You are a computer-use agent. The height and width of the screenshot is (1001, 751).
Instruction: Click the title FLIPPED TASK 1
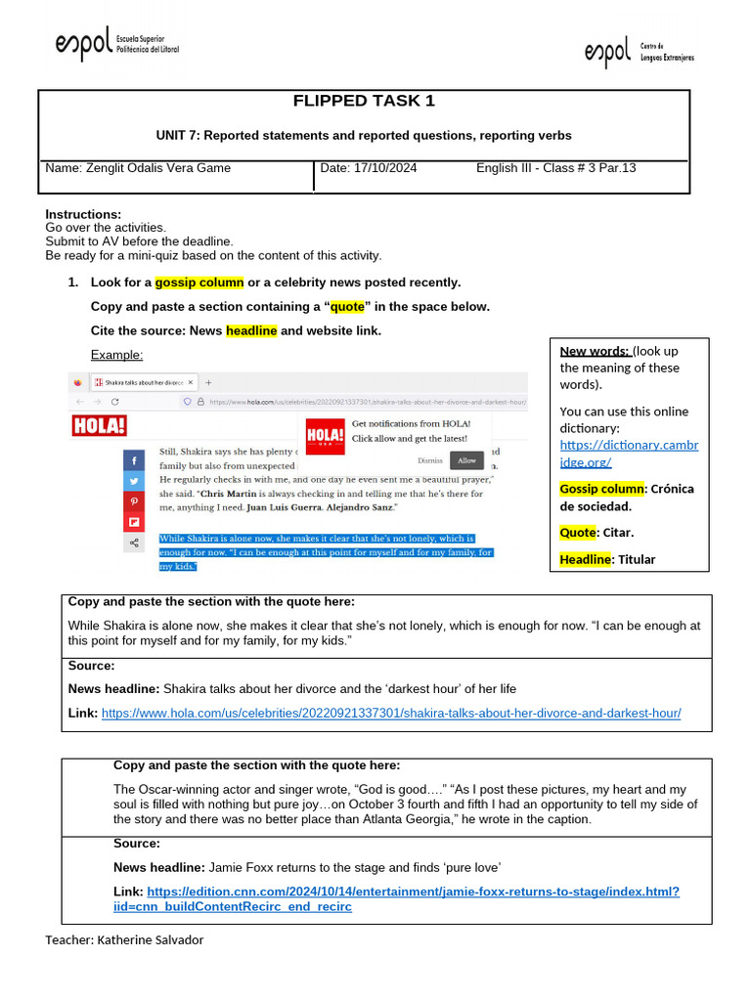click(x=364, y=102)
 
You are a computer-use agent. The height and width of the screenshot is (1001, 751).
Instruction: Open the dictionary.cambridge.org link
click(x=629, y=454)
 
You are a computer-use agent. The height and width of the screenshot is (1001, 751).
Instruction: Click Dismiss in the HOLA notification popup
click(x=429, y=459)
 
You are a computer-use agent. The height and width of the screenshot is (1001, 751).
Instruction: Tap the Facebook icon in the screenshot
click(x=133, y=459)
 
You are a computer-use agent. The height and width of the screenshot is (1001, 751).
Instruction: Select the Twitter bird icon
click(x=133, y=480)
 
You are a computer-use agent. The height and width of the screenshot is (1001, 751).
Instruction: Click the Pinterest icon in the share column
click(x=133, y=501)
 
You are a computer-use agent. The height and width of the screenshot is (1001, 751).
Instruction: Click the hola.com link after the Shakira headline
click(x=391, y=714)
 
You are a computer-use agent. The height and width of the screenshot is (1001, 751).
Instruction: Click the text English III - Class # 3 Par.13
click(x=555, y=168)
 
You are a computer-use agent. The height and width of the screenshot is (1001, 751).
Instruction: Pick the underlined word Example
click(x=116, y=355)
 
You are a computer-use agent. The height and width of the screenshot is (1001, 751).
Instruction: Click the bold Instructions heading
click(x=83, y=214)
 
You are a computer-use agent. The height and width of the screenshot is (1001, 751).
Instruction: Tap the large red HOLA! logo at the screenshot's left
click(x=100, y=426)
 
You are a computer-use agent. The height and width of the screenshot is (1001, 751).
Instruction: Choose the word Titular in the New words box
click(x=636, y=559)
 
